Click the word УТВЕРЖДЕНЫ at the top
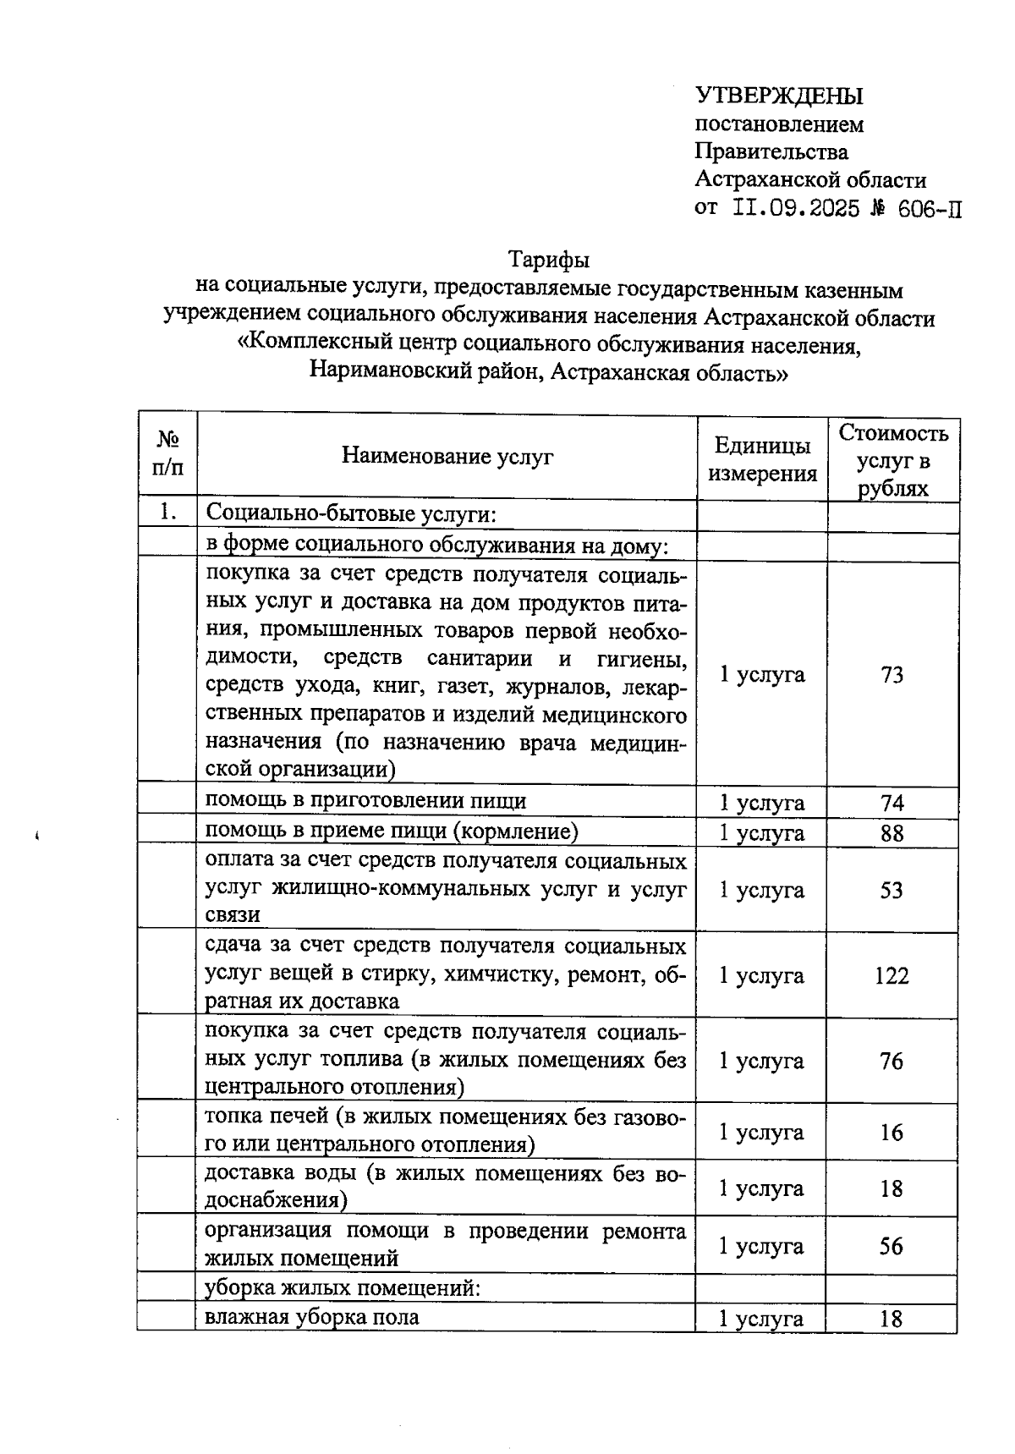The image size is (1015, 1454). point(779,96)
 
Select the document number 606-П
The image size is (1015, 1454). point(929,208)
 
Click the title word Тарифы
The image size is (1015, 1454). point(548,259)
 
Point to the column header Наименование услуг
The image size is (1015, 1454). point(447,457)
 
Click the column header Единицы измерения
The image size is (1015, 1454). point(762,459)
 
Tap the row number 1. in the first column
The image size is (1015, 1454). point(167,512)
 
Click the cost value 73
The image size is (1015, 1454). point(892,674)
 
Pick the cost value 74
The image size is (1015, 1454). point(892,803)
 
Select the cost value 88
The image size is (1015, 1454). point(892,833)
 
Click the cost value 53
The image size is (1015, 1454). point(892,890)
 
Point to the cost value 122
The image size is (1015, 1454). point(892,975)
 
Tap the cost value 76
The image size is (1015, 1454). point(892,1061)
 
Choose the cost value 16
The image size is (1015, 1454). point(892,1132)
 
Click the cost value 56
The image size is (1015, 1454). point(892,1246)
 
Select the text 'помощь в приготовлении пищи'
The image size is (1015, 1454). point(366,800)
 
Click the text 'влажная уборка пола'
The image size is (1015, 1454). point(312,1317)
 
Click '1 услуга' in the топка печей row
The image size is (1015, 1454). point(761,1132)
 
